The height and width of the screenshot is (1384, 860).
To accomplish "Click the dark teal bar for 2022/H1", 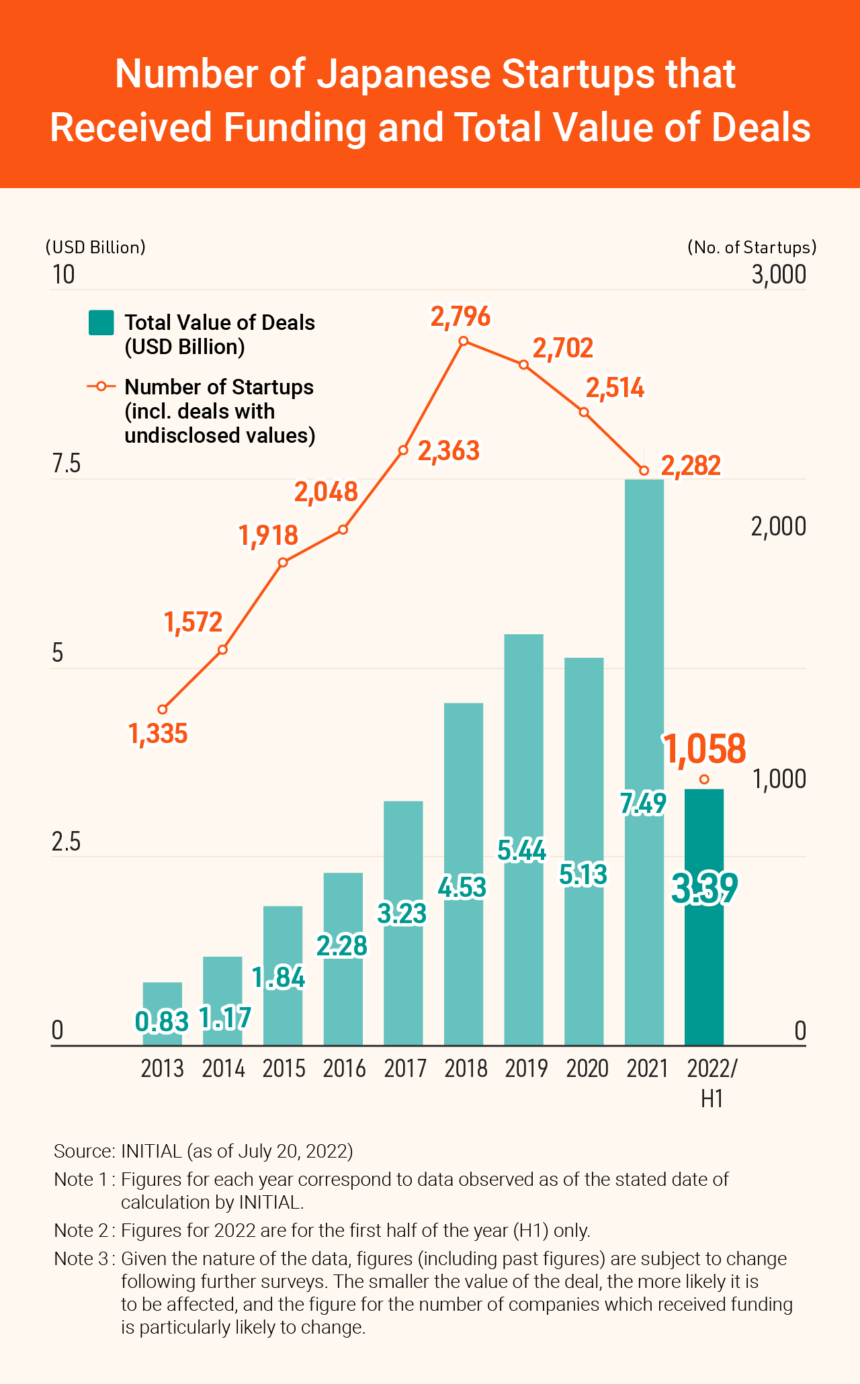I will tap(704, 954).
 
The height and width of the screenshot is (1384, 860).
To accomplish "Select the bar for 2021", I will tap(644, 672).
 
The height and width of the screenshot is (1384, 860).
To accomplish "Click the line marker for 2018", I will tap(464, 341).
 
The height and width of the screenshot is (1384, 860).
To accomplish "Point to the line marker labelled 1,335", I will tap(163, 709).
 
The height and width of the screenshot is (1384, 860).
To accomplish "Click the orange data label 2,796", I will tap(461, 316).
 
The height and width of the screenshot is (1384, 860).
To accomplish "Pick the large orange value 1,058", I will tap(705, 748).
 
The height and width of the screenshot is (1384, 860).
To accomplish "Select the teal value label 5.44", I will tap(522, 851).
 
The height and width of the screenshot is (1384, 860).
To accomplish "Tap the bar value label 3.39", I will tap(705, 888).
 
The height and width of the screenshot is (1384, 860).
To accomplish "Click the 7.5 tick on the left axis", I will tap(66, 464).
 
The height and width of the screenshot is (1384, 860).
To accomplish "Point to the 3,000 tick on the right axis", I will tap(779, 275).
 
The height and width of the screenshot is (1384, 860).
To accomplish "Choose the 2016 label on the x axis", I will tap(344, 1069).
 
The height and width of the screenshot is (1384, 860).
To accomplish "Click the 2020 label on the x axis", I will tap(587, 1069).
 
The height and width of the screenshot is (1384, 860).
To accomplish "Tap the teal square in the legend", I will tap(101, 323).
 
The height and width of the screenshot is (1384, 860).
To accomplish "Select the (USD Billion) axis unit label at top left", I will tap(95, 247).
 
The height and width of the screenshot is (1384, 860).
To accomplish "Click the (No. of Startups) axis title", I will tap(752, 247).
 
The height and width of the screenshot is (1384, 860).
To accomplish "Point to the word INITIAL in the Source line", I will tap(151, 1152).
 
